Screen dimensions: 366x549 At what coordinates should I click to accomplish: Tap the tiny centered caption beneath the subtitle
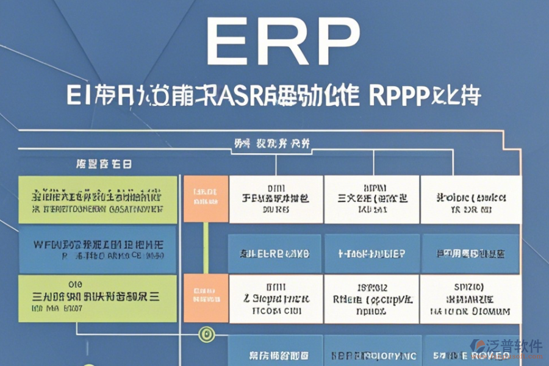(x=272, y=144)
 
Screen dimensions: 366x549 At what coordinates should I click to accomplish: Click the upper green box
(x=98, y=199)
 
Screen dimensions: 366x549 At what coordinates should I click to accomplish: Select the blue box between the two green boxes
(x=98, y=249)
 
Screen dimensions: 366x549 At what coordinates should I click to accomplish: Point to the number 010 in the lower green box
(x=76, y=284)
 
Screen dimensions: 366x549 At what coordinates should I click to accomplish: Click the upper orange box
(x=206, y=199)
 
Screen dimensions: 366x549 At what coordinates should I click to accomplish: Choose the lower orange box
(x=206, y=298)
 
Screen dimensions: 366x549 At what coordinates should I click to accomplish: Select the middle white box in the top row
(x=371, y=199)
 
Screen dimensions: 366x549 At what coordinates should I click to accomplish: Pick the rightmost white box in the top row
(x=471, y=199)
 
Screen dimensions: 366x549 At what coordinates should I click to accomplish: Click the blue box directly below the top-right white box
(x=471, y=253)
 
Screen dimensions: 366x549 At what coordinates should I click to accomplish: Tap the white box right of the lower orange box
(x=275, y=298)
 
